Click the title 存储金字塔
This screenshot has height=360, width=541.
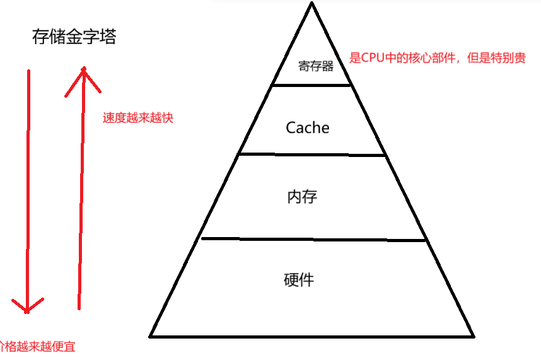[74, 37]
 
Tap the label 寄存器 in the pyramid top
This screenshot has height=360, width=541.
[315, 66]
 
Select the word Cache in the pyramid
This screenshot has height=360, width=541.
[308, 127]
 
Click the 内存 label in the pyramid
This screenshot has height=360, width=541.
[301, 196]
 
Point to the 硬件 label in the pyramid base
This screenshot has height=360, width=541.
[299, 279]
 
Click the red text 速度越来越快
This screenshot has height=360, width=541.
[137, 118]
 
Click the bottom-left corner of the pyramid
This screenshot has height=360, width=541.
[151, 335]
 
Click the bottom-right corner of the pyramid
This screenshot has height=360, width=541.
[472, 335]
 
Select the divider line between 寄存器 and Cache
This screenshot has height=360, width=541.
[311, 84]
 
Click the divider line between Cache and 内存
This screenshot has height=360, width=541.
[311, 154]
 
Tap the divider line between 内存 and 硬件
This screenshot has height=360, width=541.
[313, 239]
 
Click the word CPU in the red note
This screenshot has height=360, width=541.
[375, 57]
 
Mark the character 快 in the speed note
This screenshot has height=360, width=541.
[166, 118]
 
